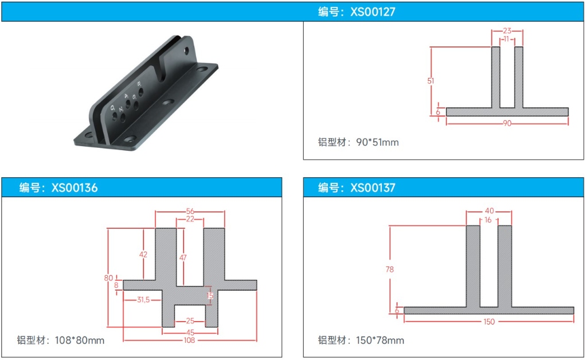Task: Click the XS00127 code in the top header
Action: tap(373, 11)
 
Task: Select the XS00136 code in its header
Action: tap(75, 187)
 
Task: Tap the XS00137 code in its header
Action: tap(373, 187)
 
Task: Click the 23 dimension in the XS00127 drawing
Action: tap(507, 31)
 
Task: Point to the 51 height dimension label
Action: tap(431, 81)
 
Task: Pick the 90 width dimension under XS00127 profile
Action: tap(507, 123)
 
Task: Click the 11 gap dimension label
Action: tap(507, 39)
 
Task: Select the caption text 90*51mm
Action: tap(377, 142)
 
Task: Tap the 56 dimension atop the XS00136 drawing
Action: tap(190, 212)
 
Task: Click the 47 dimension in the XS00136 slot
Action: tap(183, 257)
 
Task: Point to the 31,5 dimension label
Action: tap(143, 300)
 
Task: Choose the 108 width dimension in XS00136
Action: tap(189, 340)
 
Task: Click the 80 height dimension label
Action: tap(108, 278)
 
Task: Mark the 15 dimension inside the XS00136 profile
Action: tap(210, 296)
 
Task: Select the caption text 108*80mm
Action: tap(80, 341)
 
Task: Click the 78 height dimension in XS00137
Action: tap(389, 269)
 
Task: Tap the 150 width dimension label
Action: tap(489, 322)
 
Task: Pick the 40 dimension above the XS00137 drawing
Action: tap(490, 211)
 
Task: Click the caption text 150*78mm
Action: tap(380, 341)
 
